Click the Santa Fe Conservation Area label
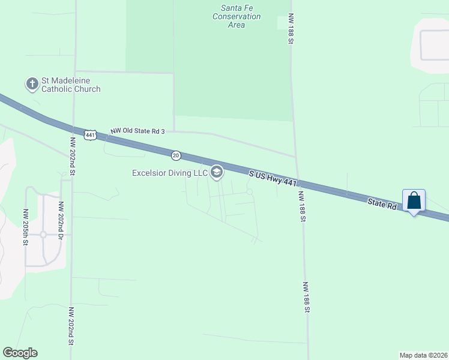tap(237, 16)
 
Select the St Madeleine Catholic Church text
tap(70, 85)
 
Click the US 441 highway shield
tap(90, 135)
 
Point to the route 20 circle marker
tap(175, 155)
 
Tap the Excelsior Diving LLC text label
tap(170, 173)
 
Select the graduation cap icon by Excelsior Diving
tap(217, 173)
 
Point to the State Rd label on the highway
tap(383, 205)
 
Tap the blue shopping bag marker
tap(414, 201)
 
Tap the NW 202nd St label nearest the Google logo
tap(71, 326)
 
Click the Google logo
tap(20, 353)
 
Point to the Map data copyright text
tap(423, 355)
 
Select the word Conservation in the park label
tap(237, 17)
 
